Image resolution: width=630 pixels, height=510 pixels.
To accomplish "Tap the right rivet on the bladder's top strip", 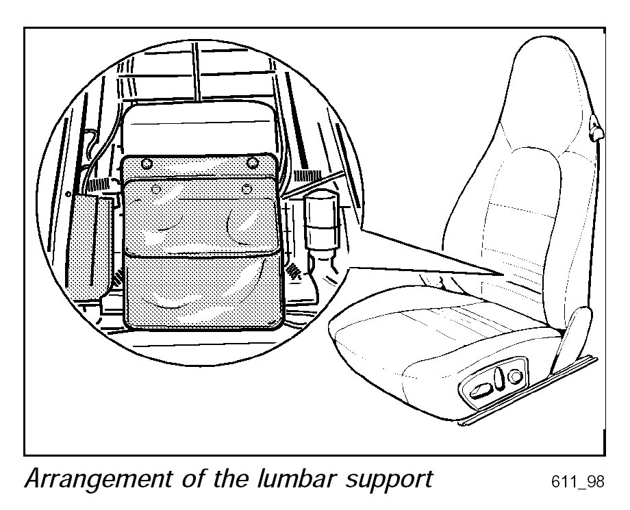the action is (253, 162).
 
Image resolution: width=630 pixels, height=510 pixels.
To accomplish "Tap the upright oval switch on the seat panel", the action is (501, 379).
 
